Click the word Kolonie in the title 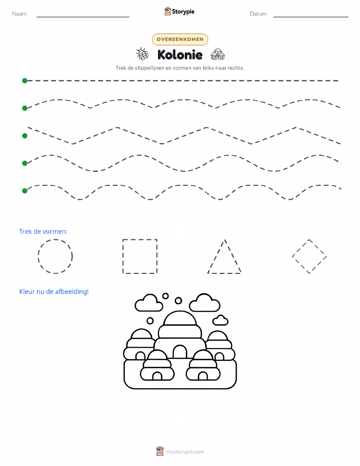coord(180,55)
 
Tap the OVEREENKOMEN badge coord(180,39)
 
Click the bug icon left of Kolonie coord(142,54)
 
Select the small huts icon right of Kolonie coord(218,54)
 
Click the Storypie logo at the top coord(179,12)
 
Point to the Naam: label coord(20,14)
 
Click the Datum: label coord(258,14)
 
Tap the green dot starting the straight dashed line coord(25,80)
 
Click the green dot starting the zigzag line coord(25,136)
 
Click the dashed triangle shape coord(216,256)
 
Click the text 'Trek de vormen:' coord(43,232)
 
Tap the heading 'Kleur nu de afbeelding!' coord(54,292)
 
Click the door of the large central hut coord(180,352)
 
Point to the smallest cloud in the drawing coord(220,320)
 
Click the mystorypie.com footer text coord(185,452)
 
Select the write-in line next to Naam coord(83,17)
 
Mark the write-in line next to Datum coord(311,17)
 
